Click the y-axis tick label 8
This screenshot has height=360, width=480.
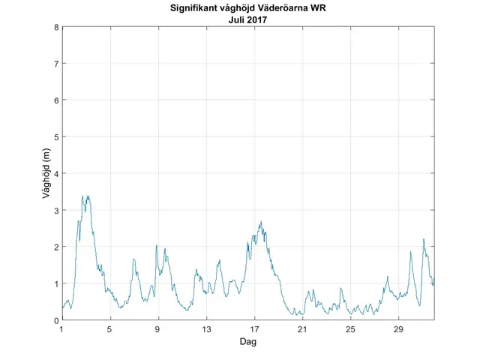56,27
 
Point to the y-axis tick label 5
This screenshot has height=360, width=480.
56,137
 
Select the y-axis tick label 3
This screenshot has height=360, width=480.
56,210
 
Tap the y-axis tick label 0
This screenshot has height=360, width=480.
56,320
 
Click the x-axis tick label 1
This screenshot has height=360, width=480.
62,329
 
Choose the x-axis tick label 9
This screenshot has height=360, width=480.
158,329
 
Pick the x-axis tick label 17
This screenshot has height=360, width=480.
254,329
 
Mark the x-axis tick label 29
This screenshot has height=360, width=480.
398,329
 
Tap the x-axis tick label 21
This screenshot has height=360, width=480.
302,329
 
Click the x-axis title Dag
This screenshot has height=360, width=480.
248,341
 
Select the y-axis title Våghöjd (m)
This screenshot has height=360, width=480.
46,174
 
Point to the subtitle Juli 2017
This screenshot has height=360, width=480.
248,20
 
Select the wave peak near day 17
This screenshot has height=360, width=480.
261,221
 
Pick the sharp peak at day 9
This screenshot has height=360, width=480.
157,245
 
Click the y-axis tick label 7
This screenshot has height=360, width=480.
56,64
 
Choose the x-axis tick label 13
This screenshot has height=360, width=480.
206,329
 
